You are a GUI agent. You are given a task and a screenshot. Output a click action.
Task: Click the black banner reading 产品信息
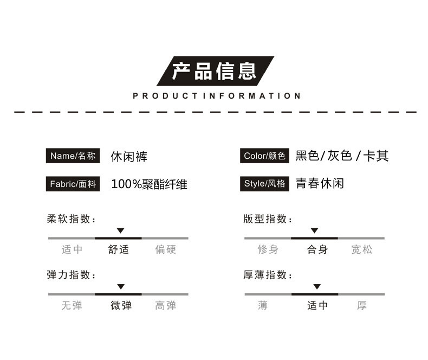click(x=216, y=71)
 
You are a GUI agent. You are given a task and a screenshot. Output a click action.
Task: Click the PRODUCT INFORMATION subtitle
click(x=217, y=96)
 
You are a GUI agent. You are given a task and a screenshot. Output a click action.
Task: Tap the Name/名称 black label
click(x=73, y=156)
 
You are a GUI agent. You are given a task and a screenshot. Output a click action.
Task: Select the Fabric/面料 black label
click(x=73, y=184)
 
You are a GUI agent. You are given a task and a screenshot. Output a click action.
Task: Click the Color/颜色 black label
click(x=264, y=156)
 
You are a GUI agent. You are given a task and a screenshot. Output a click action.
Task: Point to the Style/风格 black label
click(x=264, y=184)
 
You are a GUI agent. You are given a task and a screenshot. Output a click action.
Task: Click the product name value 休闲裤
click(x=129, y=157)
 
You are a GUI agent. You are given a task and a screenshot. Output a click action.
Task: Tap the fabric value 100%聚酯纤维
click(x=150, y=184)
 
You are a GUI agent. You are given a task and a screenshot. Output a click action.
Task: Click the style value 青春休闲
click(x=320, y=183)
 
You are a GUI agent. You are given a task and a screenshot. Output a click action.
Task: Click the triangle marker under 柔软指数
click(x=121, y=230)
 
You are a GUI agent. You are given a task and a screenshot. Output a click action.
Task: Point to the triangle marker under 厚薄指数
click(x=317, y=286)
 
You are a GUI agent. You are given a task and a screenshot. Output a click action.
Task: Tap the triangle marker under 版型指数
click(x=314, y=230)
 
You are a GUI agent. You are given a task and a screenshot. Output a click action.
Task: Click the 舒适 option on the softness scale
click(x=119, y=249)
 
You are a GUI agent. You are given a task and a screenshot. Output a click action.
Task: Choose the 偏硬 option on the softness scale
click(x=166, y=249)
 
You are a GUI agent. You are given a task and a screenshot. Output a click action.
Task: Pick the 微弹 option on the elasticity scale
click(x=121, y=305)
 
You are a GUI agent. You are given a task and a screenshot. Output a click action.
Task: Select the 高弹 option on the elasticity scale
click(x=166, y=305)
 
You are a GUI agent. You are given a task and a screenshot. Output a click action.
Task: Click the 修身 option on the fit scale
click(x=268, y=249)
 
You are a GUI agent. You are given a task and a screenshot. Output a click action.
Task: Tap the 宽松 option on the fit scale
click(x=362, y=249)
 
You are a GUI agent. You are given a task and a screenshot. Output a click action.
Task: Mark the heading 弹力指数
click(x=71, y=275)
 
